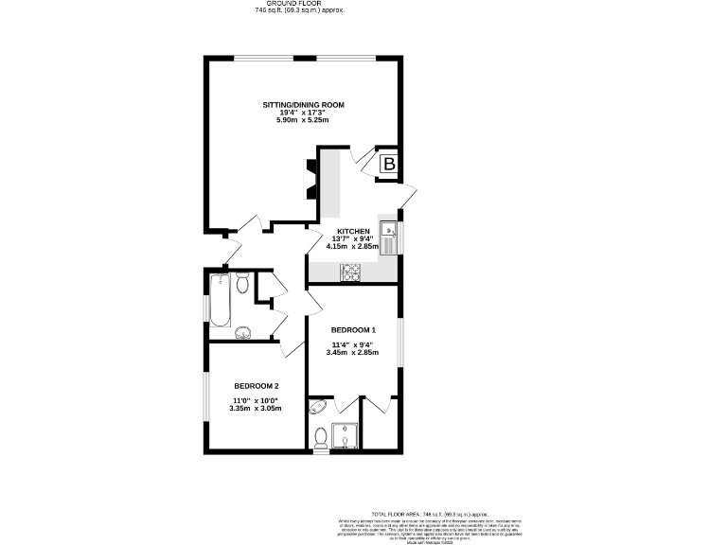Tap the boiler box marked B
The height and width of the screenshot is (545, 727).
(x=389, y=166)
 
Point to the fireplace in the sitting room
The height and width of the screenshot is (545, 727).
(x=310, y=180)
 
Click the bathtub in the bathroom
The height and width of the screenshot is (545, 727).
(x=220, y=299)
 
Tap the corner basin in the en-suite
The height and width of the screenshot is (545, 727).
(x=316, y=408)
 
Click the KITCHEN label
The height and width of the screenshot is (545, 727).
(x=351, y=230)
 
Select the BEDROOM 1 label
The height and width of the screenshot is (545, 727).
(x=352, y=329)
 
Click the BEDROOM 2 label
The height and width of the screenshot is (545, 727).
(x=257, y=386)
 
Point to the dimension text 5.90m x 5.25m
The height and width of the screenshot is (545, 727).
(x=303, y=121)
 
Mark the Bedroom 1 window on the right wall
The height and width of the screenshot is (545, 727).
(x=400, y=342)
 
